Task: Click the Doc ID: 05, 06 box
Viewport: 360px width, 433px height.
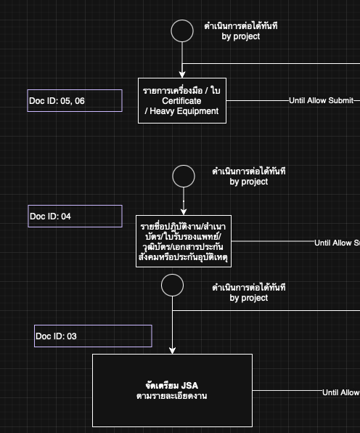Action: (75, 100)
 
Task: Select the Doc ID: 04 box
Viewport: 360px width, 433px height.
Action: (75, 216)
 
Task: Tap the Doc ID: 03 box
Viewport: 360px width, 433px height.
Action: (93, 336)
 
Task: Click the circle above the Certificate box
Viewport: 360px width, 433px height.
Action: (182, 31)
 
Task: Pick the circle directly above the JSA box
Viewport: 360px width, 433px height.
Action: (172, 285)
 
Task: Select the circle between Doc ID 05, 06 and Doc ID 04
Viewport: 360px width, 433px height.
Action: (184, 176)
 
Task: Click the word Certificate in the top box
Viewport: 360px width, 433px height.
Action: (181, 101)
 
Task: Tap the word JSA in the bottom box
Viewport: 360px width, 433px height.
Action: (189, 385)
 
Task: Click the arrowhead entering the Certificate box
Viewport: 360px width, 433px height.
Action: (182, 74)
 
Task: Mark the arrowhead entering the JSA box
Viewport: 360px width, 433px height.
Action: (172, 350)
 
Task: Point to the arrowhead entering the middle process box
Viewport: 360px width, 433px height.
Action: (184, 211)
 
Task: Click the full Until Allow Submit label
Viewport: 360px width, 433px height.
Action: (321, 101)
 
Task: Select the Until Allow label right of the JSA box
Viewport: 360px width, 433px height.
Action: (340, 392)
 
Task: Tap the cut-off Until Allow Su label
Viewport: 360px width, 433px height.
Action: (337, 243)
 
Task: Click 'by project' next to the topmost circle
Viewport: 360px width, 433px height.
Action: (240, 36)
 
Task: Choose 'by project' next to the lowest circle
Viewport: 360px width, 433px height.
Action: (249, 298)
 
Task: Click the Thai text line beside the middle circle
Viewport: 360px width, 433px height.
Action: (249, 171)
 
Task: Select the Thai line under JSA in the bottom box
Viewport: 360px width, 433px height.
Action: (172, 396)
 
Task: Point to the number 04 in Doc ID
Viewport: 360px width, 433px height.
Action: (66, 216)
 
